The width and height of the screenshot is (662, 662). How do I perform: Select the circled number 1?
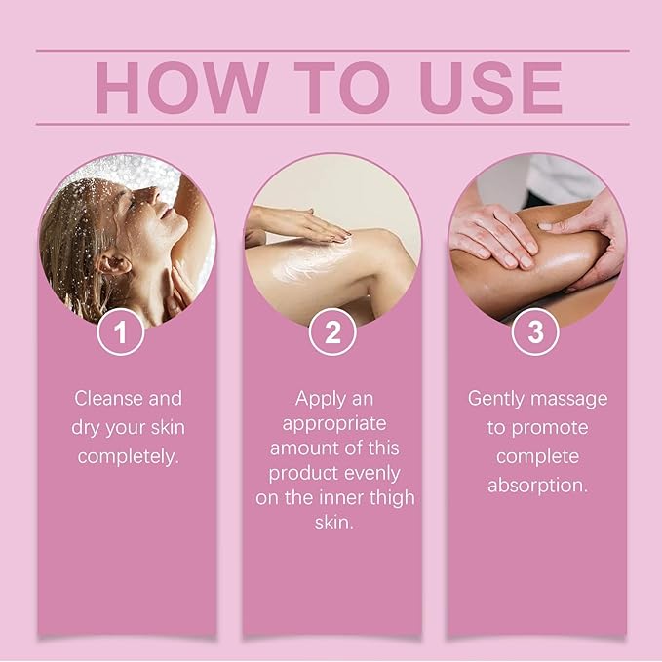click(121, 332)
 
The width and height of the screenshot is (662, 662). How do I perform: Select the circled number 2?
click(332, 332)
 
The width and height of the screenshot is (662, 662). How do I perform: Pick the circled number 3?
click(535, 332)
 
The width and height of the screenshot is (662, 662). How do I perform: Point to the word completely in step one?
click(128, 455)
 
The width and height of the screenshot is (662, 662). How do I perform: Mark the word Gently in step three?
click(497, 398)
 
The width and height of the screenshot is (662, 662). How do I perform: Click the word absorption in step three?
click(537, 484)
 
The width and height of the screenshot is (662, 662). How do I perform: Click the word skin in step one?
click(165, 427)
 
